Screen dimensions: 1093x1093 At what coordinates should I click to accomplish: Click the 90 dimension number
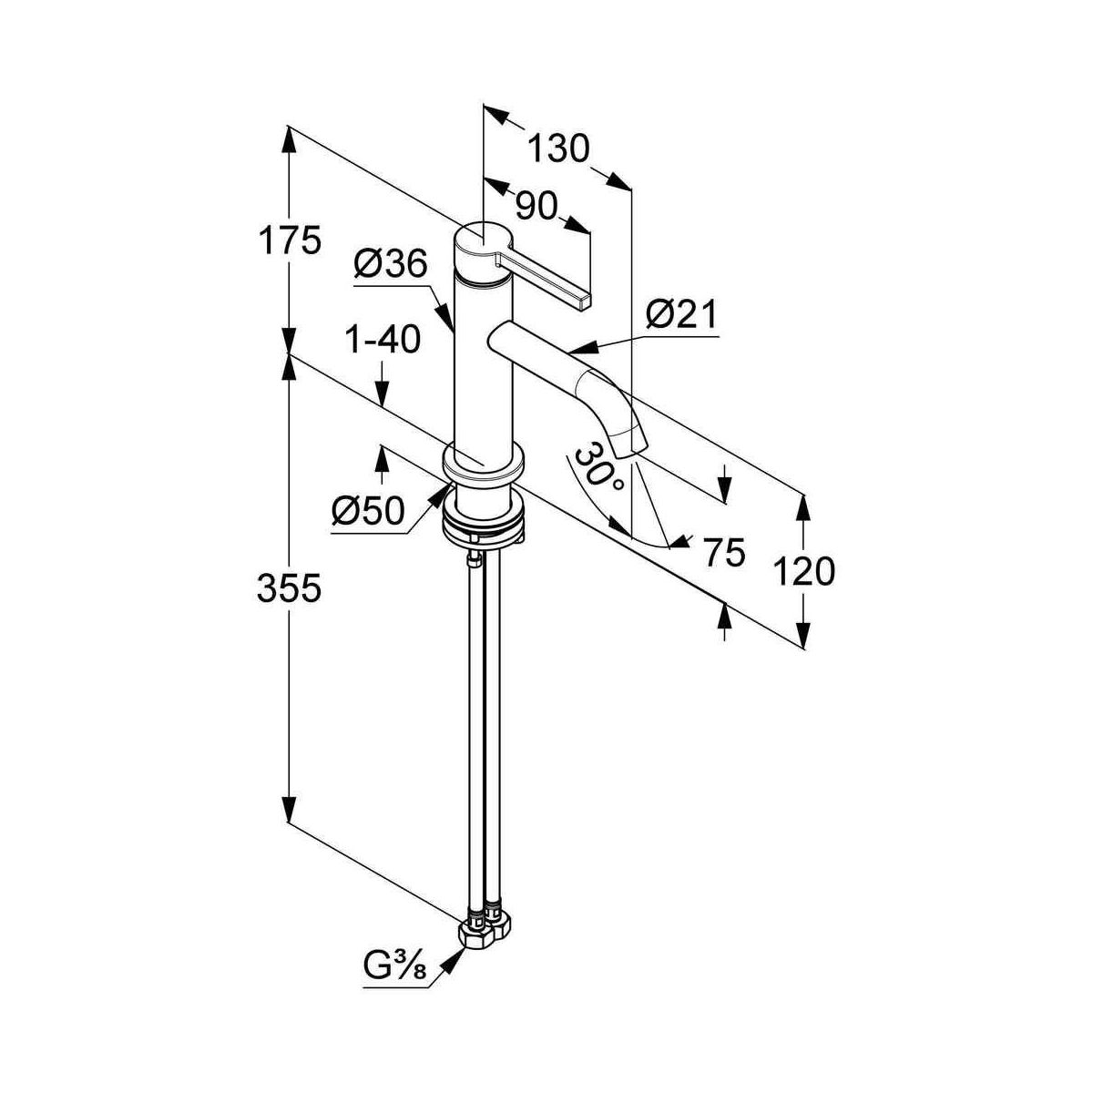pos(536,207)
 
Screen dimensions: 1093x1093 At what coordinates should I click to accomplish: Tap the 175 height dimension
pos(290,241)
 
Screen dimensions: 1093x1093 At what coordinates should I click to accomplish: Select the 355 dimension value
pos(290,589)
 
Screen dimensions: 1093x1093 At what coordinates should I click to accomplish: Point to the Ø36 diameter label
pos(390,265)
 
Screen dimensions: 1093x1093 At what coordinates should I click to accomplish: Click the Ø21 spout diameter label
pos(681,316)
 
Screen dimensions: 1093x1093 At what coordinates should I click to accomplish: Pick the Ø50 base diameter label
pos(367,513)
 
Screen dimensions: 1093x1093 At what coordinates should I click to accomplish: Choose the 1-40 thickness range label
pos(383,340)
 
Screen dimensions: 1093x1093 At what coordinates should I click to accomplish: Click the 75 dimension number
pos(725,552)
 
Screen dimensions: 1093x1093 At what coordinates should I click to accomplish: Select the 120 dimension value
pos(803,571)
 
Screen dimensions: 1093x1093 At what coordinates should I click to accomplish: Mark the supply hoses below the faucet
pos(483,729)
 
